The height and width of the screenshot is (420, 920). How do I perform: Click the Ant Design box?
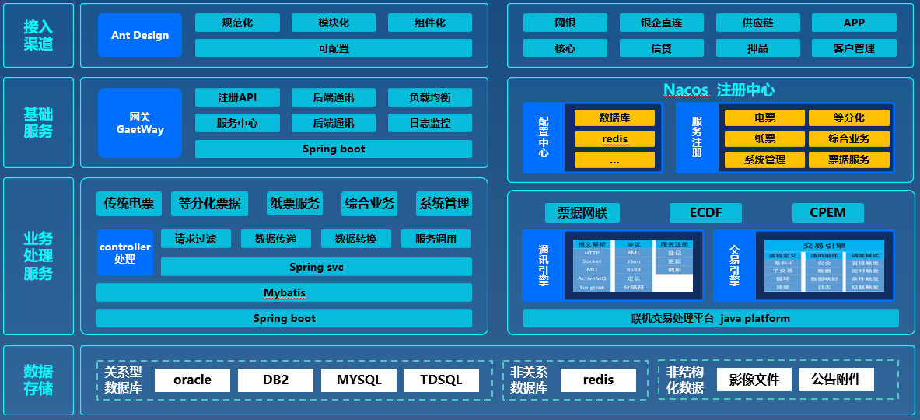click(x=140, y=35)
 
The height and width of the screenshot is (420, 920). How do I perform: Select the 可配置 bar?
click(x=333, y=48)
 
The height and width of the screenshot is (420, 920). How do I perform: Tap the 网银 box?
click(x=565, y=23)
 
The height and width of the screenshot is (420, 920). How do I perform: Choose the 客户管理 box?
click(x=854, y=48)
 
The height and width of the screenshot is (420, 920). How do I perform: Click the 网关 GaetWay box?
click(x=140, y=123)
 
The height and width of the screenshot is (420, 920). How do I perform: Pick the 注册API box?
click(x=237, y=97)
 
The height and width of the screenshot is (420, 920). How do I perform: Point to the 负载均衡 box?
click(x=430, y=97)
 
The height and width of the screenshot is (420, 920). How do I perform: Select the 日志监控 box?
click(x=430, y=123)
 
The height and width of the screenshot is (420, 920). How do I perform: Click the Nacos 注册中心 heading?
click(x=719, y=89)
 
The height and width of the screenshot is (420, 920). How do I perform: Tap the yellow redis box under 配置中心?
click(x=614, y=139)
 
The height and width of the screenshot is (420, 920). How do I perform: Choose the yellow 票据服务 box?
click(x=848, y=159)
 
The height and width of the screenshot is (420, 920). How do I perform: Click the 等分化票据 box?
click(x=209, y=204)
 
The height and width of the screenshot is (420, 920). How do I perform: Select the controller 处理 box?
click(x=125, y=253)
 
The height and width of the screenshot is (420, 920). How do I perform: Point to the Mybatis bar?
click(x=284, y=292)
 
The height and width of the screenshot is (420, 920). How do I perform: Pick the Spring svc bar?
click(x=316, y=267)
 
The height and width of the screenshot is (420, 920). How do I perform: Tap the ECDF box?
click(x=705, y=212)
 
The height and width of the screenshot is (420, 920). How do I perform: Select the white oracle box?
click(x=192, y=380)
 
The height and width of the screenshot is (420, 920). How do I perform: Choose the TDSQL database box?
click(x=441, y=380)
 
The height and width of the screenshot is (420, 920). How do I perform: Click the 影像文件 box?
click(x=753, y=380)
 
